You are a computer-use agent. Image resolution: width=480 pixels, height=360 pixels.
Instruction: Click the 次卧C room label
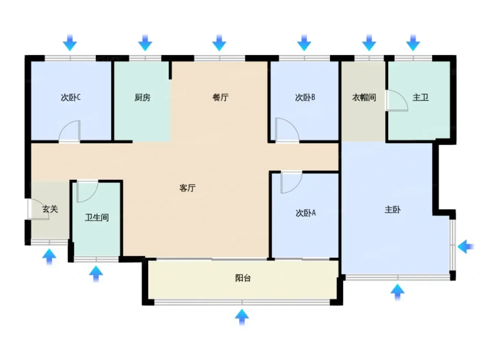click(70, 97)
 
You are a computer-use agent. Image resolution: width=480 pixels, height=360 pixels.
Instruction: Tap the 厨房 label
click(142, 97)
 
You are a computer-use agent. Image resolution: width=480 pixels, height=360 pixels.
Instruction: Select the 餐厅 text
click(220, 97)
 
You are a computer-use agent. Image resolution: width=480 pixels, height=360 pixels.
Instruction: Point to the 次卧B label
click(305, 97)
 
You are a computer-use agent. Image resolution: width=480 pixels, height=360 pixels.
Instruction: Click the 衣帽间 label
click(364, 97)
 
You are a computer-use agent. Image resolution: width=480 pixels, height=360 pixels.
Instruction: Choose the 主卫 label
click(420, 97)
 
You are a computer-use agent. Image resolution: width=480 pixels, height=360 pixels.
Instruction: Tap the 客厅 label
click(188, 188)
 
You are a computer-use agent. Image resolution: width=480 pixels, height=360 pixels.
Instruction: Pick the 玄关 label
click(50, 209)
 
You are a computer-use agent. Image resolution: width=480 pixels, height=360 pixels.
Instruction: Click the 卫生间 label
click(97, 217)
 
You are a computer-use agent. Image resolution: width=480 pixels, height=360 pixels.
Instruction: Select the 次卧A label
click(305, 213)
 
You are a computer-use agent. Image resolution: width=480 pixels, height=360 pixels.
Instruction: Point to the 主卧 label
click(393, 209)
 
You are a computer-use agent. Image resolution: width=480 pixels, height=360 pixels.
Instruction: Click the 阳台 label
click(243, 278)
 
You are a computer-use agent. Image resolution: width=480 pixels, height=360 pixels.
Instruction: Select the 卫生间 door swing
click(92, 196)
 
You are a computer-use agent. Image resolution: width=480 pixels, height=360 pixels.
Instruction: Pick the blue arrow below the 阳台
click(242, 317)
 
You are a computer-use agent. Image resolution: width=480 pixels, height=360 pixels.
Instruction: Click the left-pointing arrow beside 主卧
click(465, 247)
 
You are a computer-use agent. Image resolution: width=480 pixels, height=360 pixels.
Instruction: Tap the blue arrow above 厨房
click(145, 43)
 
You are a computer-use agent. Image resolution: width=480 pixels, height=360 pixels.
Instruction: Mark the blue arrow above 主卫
click(413, 43)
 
